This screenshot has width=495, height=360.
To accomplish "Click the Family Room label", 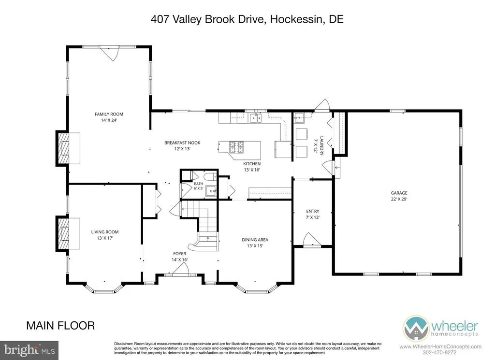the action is pos(109,114).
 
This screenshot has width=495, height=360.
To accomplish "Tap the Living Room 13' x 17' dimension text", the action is pos(105,238).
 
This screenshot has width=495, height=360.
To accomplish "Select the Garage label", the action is pos(399,193).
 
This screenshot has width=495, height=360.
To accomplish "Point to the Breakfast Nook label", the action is pos(182,143).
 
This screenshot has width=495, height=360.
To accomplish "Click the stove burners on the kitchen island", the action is pos(236,147).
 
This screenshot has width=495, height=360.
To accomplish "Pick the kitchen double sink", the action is pos(255,118).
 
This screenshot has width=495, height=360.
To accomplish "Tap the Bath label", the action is pos(199,184).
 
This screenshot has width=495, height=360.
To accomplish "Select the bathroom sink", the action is pos(211,190).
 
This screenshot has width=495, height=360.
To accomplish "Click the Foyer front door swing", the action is pos(181,269).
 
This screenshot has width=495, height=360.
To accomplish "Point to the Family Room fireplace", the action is pos(68,148).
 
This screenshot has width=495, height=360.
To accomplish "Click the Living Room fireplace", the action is pos(68,233).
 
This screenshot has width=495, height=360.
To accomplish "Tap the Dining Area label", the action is pos(255,240).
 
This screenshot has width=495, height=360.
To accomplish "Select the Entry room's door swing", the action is pos(312,239).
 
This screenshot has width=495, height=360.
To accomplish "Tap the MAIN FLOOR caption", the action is pos(60,326).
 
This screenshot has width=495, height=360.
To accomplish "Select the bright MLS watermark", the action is pos(29,350).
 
